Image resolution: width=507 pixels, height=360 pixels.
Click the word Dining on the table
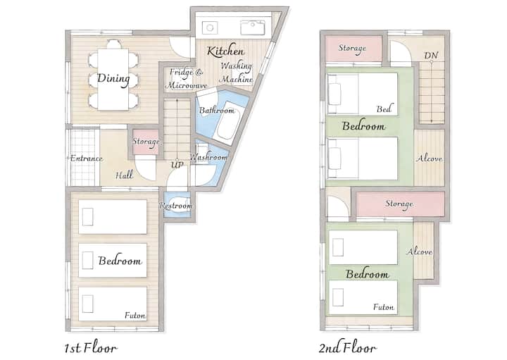113,79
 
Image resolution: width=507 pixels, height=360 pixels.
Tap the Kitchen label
225,51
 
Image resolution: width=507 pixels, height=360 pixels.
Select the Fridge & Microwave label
186,78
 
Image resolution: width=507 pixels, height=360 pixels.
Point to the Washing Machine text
236,72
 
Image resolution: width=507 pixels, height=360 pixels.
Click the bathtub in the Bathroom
228,123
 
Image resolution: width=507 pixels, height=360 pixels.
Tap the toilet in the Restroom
178,206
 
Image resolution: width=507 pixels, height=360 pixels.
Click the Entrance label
87,159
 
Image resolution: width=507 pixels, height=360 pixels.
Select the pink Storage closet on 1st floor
146,142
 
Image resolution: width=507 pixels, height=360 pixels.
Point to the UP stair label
177,165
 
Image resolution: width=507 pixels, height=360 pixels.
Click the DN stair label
431,56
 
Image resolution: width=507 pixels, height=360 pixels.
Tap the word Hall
124,175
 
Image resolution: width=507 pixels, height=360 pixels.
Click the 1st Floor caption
91,348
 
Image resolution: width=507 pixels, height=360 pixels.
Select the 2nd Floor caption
348,348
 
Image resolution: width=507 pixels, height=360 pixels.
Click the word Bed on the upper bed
384,108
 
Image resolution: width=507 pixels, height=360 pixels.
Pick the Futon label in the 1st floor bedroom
135,315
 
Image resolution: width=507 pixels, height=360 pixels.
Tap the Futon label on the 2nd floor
384,306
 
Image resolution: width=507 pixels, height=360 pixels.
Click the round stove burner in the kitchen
210,27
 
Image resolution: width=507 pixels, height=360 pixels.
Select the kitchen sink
253,27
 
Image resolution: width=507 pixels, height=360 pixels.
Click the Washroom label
208,158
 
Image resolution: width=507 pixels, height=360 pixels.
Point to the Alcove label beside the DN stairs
429,159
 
